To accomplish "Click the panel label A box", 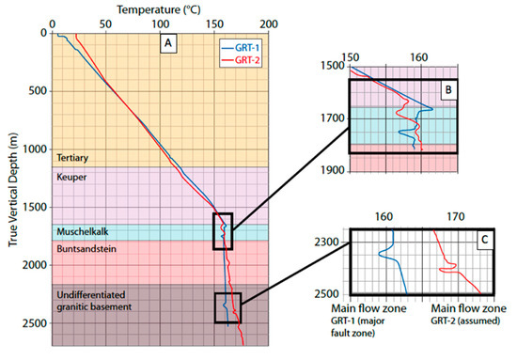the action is [x=167, y=42].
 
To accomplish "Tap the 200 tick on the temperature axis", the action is [x=268, y=23].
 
